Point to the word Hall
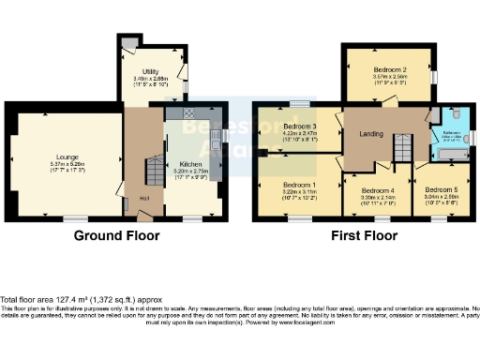[144, 198]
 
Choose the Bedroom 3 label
[300, 127]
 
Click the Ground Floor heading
[116, 236]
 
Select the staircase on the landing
[401, 147]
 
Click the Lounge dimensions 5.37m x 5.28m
[66, 165]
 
